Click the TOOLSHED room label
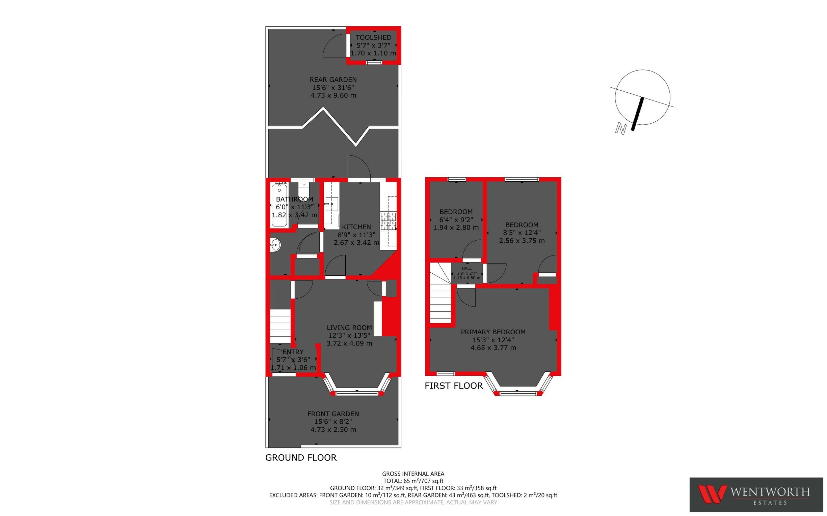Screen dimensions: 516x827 click(373, 37)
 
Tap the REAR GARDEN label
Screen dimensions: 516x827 click(333, 80)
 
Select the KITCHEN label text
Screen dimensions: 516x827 click(356, 227)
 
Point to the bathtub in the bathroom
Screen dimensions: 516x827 click(279, 205)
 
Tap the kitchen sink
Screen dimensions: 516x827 click(331, 204)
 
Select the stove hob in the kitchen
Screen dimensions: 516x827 click(388, 221)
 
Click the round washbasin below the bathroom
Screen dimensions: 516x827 click(275, 245)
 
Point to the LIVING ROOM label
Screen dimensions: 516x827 click(349, 328)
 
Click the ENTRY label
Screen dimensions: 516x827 click(293, 352)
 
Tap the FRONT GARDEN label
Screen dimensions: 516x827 click(333, 414)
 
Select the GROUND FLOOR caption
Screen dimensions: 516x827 click(301, 458)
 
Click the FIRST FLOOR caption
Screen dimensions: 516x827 click(453, 386)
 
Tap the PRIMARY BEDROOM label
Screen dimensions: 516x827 click(493, 332)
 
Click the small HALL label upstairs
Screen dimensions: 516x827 click(466, 269)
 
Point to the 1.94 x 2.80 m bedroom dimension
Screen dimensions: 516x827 click(456, 227)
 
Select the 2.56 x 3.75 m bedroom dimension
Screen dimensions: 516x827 click(522, 241)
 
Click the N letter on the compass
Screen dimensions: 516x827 click(621, 129)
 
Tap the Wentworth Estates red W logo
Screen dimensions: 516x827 click(712, 494)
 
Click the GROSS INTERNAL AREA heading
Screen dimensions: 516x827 click(413, 474)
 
